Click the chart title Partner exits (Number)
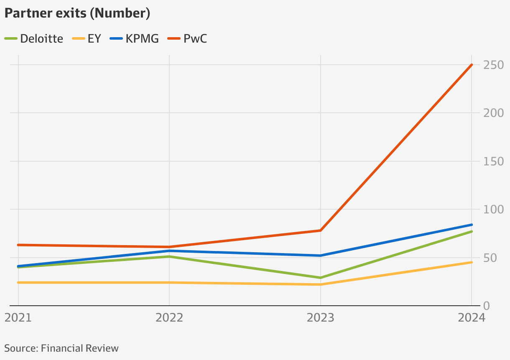77,13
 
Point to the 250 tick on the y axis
493,65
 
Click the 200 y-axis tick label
493,113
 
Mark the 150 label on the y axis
493,161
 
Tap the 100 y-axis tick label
493,209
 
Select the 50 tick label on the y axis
490,258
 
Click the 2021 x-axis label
18,318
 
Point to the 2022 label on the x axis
169,318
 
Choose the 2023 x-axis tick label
321,318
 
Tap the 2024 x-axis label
471,318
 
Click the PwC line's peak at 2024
472,65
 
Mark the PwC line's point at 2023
321,231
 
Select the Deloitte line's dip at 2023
321,278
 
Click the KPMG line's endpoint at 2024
472,225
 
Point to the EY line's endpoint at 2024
472,262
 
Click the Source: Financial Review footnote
61,348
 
